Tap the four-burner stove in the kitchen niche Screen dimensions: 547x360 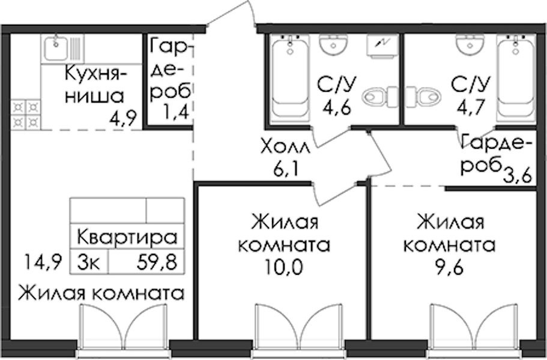point(26,115)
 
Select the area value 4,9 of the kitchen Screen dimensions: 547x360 point(122,119)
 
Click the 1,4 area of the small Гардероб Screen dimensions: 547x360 point(175,112)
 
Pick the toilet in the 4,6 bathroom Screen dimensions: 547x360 point(380,97)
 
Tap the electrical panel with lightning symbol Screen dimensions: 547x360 point(382,45)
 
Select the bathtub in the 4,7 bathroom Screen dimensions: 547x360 point(516,79)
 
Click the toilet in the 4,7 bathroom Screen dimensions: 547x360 point(423,97)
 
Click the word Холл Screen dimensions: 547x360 point(285,148)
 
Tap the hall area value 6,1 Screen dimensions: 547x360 point(285,170)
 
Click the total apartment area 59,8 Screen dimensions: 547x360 point(157,262)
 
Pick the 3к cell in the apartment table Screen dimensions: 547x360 point(89,262)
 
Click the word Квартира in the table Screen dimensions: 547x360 point(127,238)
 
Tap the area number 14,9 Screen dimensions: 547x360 point(43,262)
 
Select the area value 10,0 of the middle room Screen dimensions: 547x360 point(283,268)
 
